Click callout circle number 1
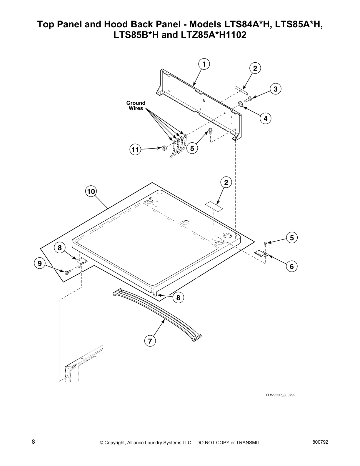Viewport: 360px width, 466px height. (x=204, y=64)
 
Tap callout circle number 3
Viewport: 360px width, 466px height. (x=275, y=89)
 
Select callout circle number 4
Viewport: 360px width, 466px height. (x=265, y=119)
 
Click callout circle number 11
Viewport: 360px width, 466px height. (x=135, y=150)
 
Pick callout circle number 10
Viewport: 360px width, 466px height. (x=91, y=192)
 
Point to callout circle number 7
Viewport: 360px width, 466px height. (x=150, y=341)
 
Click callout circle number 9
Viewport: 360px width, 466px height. (x=40, y=263)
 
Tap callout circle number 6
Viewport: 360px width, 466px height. (x=291, y=267)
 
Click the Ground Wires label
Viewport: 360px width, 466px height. (x=136, y=106)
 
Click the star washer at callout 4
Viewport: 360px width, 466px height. (x=240, y=104)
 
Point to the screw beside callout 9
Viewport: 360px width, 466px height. (x=67, y=272)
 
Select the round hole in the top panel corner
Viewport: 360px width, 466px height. (x=227, y=237)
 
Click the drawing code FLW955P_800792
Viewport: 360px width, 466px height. (x=280, y=395)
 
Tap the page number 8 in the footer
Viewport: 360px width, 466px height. (x=33, y=442)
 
